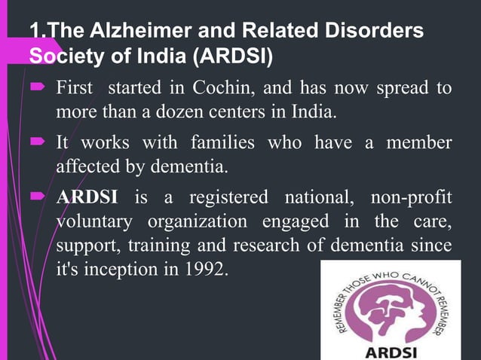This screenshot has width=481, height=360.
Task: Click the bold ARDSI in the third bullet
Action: [x=87, y=198]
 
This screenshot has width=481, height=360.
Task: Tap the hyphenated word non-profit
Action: [x=411, y=198]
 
